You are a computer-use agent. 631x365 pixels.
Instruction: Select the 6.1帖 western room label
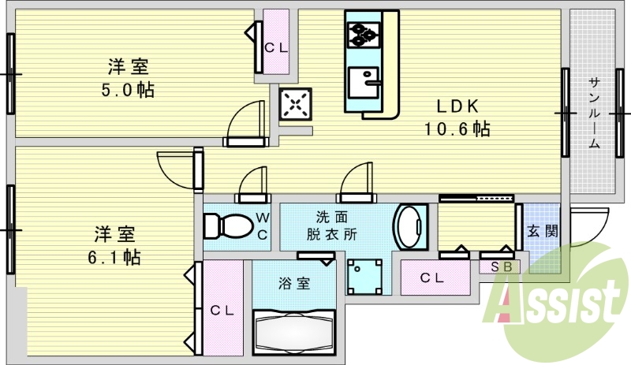pos(115,245)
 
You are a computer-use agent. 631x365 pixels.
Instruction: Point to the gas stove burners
pos(362,34)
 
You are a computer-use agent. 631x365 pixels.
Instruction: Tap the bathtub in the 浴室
pos(294,332)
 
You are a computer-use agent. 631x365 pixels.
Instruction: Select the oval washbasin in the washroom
pos(409,227)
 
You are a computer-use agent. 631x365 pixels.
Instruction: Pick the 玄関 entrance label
pos(543,231)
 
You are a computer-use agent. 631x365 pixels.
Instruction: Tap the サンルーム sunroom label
pos(594,114)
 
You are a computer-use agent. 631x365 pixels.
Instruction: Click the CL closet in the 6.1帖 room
pos(222,311)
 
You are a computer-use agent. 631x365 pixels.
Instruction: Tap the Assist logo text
pos(556,303)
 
